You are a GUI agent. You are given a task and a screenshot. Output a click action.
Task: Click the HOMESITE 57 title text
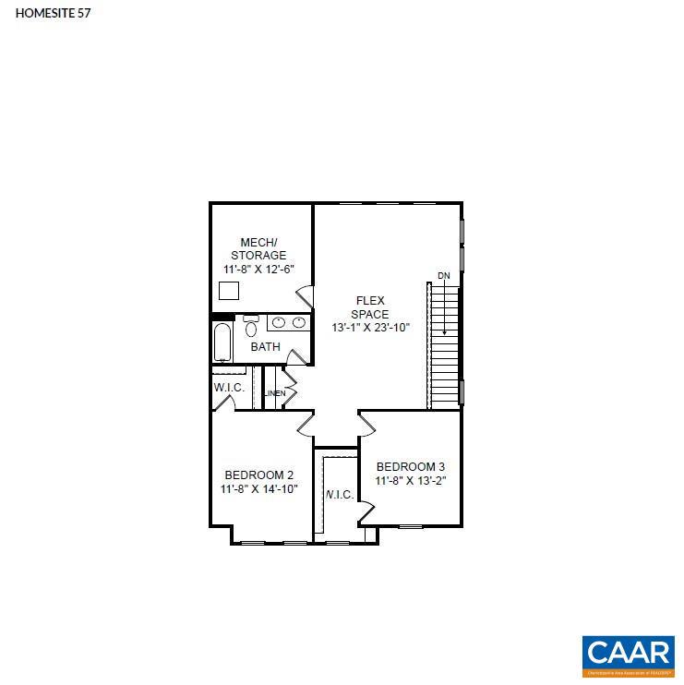[x=53, y=13]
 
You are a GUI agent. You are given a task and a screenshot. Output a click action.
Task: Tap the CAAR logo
[x=628, y=653]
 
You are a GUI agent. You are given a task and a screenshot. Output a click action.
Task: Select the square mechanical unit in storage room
[x=229, y=290]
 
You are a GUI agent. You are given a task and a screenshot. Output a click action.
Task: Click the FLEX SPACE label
[x=370, y=307]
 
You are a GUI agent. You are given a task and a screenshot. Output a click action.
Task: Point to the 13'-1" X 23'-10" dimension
[x=370, y=328]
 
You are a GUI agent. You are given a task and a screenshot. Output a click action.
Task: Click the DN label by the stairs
[x=444, y=276]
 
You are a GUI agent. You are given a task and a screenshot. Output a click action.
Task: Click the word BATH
[x=265, y=347]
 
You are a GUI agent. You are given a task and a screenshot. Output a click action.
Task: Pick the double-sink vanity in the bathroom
[x=288, y=322]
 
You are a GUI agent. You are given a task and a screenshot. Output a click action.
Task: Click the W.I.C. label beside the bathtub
[x=229, y=388]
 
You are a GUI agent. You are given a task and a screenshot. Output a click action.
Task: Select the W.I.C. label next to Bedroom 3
[x=339, y=495]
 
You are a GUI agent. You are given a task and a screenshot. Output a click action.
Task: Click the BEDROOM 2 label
[x=258, y=475]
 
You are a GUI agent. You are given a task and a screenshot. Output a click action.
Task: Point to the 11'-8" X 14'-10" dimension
[x=258, y=489]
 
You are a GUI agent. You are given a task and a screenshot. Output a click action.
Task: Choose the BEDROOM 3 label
[x=411, y=466]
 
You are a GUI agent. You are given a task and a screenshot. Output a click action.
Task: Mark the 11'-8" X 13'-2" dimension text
[x=411, y=480]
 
